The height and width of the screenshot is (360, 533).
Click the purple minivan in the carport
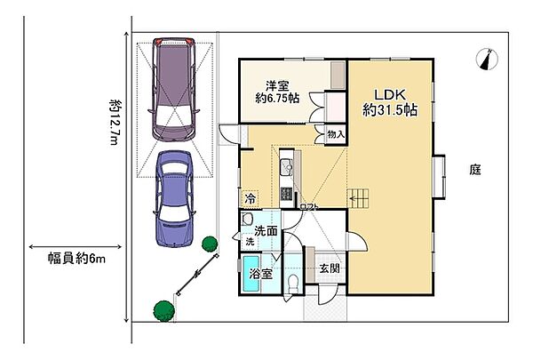click(x=173, y=88)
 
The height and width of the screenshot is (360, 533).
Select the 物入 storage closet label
click(x=335, y=134)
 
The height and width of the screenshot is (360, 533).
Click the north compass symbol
click(x=484, y=58)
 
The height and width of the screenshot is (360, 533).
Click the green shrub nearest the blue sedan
click(x=210, y=243)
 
